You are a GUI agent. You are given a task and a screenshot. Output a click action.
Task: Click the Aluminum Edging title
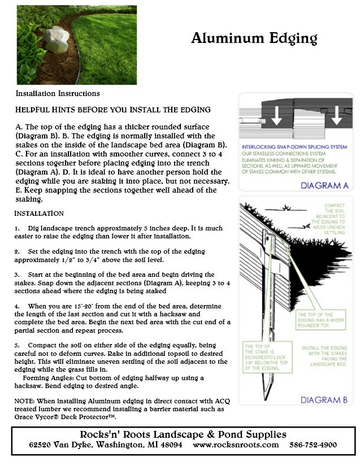click(254, 38)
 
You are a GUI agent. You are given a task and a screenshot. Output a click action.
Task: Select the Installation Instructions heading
click(58, 93)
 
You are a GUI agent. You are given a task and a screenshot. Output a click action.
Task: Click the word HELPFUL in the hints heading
click(37, 109)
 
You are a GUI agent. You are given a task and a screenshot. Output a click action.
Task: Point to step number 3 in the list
click(18, 274)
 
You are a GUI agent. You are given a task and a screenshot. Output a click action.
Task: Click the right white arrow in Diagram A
click(336, 116)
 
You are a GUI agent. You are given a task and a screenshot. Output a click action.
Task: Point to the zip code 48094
click(170, 445)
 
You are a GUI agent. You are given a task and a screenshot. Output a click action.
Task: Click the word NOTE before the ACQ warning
click(25, 400)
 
